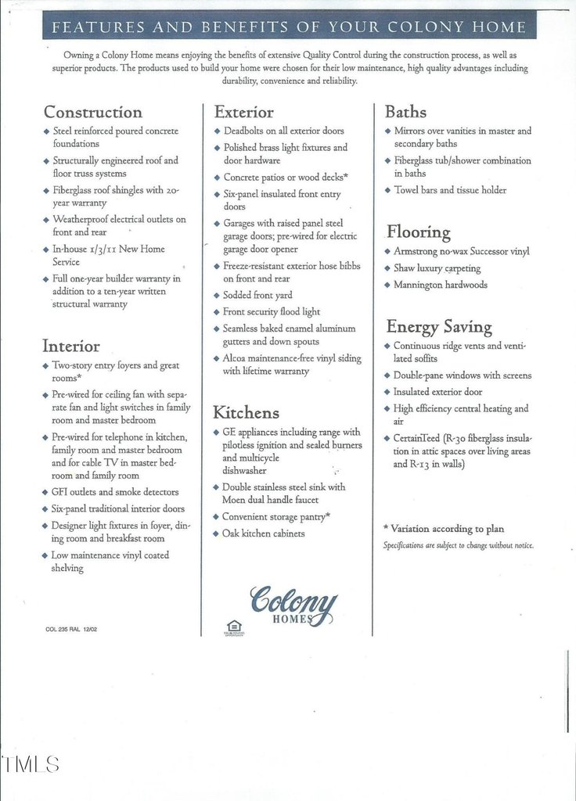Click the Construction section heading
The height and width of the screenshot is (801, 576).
(x=93, y=112)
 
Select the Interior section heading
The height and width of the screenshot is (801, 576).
(x=71, y=346)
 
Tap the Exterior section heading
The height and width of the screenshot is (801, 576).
(x=243, y=112)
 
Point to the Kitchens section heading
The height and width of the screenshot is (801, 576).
(x=246, y=412)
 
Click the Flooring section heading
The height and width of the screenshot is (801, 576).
(x=418, y=232)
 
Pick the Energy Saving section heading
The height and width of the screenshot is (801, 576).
(x=438, y=326)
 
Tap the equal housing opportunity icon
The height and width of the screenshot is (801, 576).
(x=232, y=627)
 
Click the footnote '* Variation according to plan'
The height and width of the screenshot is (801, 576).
(x=443, y=529)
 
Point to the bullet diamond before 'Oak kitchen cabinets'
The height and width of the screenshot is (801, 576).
(x=217, y=533)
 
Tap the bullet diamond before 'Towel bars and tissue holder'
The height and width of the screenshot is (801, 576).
(x=387, y=190)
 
